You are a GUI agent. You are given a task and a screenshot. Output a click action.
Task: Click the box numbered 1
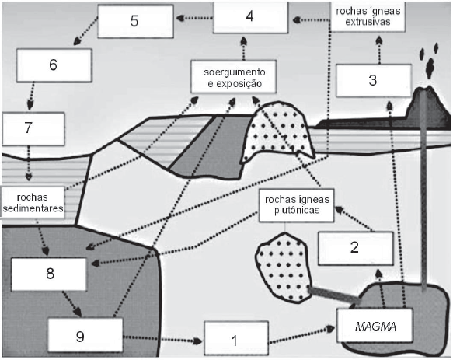point(236,338)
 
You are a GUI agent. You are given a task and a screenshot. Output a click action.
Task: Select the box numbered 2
point(356,248)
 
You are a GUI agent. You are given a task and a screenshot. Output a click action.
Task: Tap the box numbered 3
point(374,80)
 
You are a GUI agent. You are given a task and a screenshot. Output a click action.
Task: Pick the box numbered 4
point(250,17)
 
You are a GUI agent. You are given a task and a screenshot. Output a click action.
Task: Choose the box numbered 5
point(135,21)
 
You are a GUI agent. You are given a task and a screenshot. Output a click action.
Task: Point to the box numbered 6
point(54,65)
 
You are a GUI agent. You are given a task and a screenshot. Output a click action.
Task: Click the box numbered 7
point(33,128)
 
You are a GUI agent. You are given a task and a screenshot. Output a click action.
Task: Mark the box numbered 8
point(49,274)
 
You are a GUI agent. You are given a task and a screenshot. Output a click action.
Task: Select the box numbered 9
point(85,335)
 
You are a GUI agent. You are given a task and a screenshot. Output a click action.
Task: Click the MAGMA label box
point(375,326)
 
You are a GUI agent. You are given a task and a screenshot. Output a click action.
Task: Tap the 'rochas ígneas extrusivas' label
point(368,16)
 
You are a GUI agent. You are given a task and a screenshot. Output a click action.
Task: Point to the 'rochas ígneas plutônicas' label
point(296,205)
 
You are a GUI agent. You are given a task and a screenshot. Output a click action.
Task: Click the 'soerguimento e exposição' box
point(233,77)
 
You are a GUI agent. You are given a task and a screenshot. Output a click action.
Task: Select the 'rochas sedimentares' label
point(33,202)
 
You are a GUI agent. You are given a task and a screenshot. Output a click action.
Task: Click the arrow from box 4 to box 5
point(194,18)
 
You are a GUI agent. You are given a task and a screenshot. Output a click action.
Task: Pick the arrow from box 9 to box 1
point(162,339)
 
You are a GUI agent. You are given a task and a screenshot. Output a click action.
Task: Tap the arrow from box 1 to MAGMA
point(301,335)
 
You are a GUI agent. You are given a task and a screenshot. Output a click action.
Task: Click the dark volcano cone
point(427,108)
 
